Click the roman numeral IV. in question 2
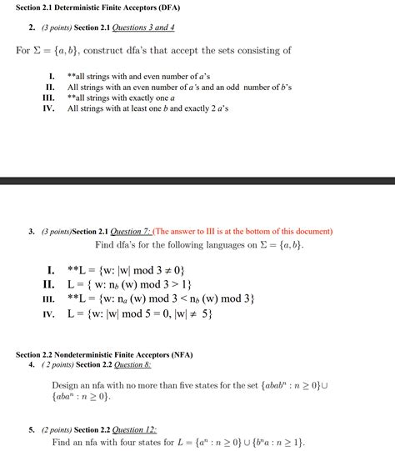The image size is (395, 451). click(48, 108)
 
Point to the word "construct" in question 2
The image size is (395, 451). click(112, 51)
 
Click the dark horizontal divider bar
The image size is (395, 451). click(197, 180)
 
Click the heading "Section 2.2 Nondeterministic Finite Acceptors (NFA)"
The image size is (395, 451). click(104, 354)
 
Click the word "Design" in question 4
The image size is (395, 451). click(67, 385)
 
